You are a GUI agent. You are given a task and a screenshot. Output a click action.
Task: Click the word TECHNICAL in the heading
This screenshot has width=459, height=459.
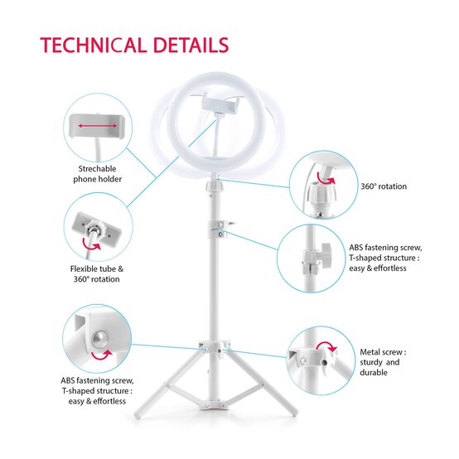93,46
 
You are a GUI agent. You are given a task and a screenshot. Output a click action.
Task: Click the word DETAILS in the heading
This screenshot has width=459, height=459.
191,46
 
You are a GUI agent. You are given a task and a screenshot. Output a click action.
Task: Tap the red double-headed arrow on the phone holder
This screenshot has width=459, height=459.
98,126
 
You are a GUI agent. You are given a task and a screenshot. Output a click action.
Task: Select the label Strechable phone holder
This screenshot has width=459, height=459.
97,174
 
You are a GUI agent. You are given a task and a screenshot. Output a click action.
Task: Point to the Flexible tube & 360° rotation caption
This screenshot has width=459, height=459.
97,274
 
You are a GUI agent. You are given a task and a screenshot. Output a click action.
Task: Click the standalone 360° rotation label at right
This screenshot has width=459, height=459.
384,186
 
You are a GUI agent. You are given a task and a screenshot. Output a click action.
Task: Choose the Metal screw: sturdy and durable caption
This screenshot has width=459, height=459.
383,362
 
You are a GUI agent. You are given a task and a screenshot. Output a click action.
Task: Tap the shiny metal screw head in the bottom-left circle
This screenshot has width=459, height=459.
99,340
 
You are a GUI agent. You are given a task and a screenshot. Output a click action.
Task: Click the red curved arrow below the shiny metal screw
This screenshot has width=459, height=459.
102,355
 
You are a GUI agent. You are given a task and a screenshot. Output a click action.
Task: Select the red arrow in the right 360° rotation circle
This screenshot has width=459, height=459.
325,178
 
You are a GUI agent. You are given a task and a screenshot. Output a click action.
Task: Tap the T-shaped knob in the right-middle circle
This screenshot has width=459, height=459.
325,254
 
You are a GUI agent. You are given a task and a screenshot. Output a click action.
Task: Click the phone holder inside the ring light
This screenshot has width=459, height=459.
220,104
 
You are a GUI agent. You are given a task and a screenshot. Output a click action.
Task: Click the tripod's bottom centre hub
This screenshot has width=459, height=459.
214,405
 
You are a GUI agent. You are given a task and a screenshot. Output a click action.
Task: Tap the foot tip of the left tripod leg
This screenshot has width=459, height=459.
137,415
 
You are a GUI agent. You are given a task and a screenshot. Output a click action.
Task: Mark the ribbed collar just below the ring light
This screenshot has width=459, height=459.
214,186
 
